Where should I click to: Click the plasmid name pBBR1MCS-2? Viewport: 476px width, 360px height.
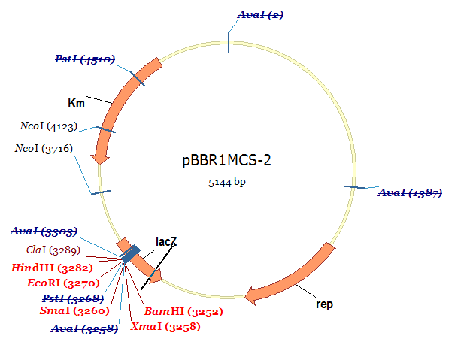pos(226,161)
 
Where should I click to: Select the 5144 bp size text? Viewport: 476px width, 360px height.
pos(226,182)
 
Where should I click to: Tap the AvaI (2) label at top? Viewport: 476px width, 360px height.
pos(260,15)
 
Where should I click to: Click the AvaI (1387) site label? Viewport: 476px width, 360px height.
pos(410,193)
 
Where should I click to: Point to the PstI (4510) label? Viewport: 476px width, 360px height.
pos(84,59)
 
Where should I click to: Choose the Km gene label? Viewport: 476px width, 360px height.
pos(76,103)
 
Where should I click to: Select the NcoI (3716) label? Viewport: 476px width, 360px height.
pos(44,149)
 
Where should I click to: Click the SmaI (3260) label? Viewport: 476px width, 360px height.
pos(74,310)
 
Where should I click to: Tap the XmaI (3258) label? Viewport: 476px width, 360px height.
pos(165,326)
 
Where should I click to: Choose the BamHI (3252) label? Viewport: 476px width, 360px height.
pos(183,310)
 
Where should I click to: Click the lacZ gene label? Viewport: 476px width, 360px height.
pos(166,241)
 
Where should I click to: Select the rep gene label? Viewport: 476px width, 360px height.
pos(324,304)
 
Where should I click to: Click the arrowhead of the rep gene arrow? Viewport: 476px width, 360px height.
pos(251,295)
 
